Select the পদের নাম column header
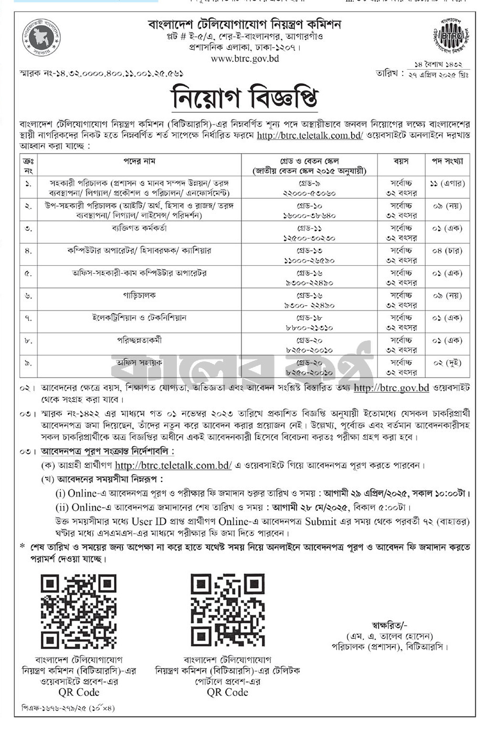point(139,161)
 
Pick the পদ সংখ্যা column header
point(447,161)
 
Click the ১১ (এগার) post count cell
point(447,184)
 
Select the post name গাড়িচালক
point(139,296)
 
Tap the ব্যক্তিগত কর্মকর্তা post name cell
point(139,228)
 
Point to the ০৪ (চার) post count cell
point(447,251)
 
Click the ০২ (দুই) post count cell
point(447,363)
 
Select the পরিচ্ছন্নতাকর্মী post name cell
point(139,340)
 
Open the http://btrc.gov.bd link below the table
point(391,388)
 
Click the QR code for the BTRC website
point(79,611)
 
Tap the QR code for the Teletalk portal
point(228,611)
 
